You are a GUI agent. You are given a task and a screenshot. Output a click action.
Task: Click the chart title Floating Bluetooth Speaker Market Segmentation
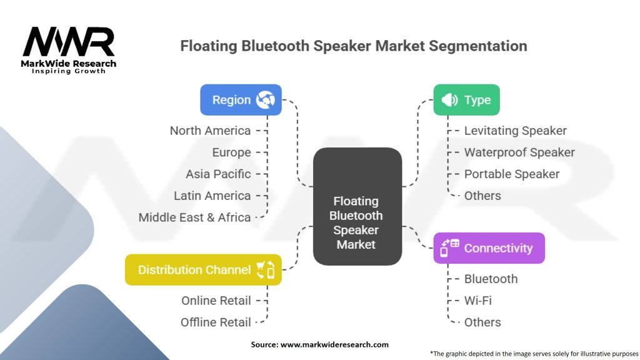pyautogui.click(x=353, y=46)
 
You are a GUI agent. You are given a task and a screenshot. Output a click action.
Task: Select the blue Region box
pyautogui.click(x=241, y=100)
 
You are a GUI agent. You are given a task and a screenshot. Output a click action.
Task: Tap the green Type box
pyautogui.click(x=466, y=100)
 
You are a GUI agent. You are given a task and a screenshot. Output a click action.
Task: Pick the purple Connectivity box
pyautogui.click(x=489, y=248)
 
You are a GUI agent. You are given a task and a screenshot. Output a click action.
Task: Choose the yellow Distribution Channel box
pyautogui.click(x=203, y=270)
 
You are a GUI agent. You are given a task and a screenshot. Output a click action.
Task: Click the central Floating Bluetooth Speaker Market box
pyautogui.click(x=357, y=222)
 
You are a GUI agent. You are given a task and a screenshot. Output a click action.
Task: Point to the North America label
pyautogui.click(x=210, y=131)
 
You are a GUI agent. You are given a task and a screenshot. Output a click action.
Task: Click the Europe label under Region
pyautogui.click(x=231, y=152)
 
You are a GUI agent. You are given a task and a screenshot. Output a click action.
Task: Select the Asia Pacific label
pyautogui.click(x=218, y=174)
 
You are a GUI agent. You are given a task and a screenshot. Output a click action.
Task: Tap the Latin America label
pyautogui.click(x=212, y=196)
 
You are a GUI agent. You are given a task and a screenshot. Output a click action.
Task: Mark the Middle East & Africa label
pyautogui.click(x=194, y=217)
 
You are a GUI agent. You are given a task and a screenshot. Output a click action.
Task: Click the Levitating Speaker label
pyautogui.click(x=515, y=131)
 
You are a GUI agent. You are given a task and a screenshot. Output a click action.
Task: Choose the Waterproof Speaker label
pyautogui.click(x=519, y=152)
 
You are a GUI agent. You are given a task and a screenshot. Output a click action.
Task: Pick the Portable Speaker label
pyautogui.click(x=511, y=174)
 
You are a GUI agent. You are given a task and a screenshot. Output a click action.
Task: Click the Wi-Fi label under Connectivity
pyautogui.click(x=477, y=301)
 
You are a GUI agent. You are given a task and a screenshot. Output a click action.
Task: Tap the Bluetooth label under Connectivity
pyautogui.click(x=491, y=279)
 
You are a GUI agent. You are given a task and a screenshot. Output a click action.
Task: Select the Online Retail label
pyautogui.click(x=216, y=301)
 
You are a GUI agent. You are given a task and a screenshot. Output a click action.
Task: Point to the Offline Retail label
pyautogui.click(x=216, y=322)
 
